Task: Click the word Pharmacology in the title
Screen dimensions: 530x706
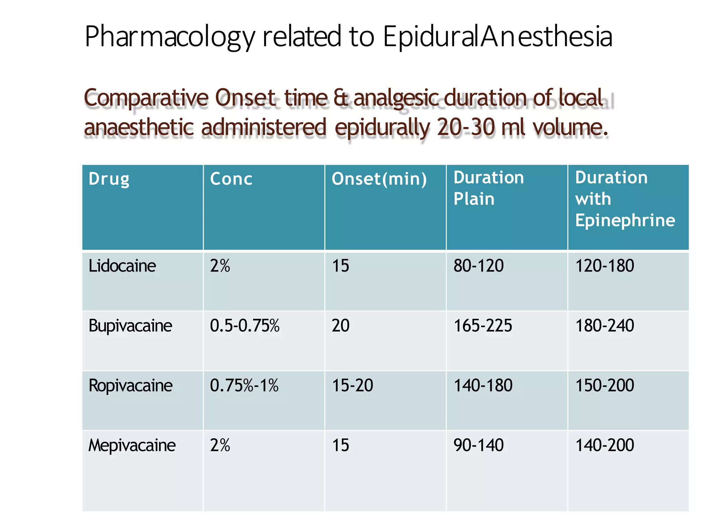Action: pyautogui.click(x=170, y=37)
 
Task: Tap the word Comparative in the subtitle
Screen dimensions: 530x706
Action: pyautogui.click(x=146, y=98)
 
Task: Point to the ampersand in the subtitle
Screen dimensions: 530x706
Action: pyautogui.click(x=341, y=98)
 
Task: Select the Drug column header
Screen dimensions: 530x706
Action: pyautogui.click(x=109, y=179)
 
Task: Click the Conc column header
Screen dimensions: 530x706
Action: pyautogui.click(x=231, y=179)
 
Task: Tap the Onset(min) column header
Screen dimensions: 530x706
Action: pyautogui.click(x=379, y=179)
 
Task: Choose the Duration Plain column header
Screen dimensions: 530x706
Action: pyautogui.click(x=488, y=188)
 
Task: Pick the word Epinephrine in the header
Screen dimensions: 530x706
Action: pyautogui.click(x=625, y=220)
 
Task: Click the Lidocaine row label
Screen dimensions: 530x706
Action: pyautogui.click(x=122, y=266)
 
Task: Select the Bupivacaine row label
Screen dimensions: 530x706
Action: pyautogui.click(x=130, y=326)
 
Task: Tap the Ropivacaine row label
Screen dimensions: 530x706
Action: pyautogui.click(x=130, y=385)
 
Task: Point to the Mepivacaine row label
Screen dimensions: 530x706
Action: pyautogui.click(x=132, y=445)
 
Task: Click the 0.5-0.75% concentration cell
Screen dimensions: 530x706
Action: pyautogui.click(x=245, y=326)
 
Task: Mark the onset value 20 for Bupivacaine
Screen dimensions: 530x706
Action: pyautogui.click(x=341, y=326)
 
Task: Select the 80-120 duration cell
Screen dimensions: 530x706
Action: pyautogui.click(x=478, y=266)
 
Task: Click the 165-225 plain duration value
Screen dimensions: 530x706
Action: pyautogui.click(x=483, y=326)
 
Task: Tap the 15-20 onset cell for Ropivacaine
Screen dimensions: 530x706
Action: pyautogui.click(x=352, y=385)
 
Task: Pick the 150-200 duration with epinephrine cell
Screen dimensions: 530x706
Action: pyautogui.click(x=605, y=385)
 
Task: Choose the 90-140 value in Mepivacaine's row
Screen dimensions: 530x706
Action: pyautogui.click(x=478, y=445)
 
